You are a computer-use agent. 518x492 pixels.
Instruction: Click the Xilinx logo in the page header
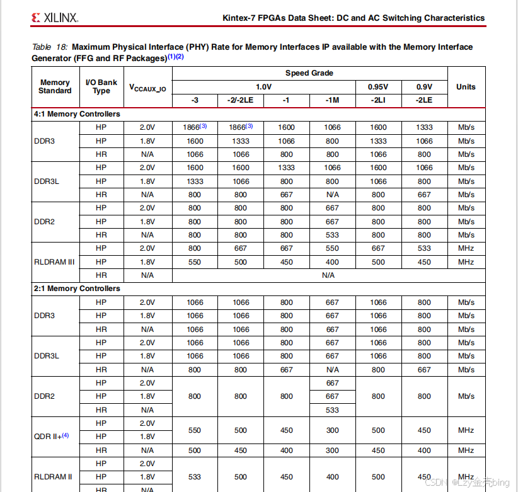54,18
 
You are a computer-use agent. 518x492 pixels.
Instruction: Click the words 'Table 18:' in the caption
50,47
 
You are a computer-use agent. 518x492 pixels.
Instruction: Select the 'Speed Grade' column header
309,73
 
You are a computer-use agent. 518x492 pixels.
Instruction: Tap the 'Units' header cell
466,87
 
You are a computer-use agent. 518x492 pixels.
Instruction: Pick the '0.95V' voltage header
378,87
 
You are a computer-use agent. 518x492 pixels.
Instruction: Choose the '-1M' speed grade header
332,101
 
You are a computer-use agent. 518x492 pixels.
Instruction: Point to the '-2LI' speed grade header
378,101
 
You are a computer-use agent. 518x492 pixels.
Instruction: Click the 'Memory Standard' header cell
55,87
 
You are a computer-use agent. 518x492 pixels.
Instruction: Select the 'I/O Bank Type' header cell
101,87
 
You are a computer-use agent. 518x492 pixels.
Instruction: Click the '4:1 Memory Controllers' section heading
77,115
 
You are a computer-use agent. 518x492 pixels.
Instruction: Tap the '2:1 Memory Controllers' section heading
77,289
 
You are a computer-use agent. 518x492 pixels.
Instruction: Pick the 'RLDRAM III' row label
54,261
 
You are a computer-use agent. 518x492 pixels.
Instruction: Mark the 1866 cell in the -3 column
195,127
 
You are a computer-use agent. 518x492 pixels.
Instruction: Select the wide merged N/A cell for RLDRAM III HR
328,275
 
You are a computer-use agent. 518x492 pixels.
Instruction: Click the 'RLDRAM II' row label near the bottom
53,477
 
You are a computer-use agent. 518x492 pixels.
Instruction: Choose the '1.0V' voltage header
263,87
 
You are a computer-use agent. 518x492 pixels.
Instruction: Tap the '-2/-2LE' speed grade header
241,101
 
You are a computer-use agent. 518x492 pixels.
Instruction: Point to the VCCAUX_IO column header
147,88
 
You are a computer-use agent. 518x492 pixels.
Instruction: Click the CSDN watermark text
467,482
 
